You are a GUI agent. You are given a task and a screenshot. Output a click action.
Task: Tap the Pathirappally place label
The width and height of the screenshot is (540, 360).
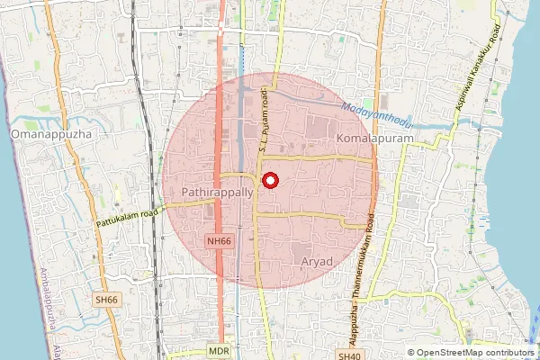coord(211,193)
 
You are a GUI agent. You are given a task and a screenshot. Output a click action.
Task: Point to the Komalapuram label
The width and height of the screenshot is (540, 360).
coord(372,139)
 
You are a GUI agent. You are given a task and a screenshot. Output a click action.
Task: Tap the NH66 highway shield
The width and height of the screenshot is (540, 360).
coord(219,240)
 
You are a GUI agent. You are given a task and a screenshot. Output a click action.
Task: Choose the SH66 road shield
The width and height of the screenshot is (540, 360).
coord(105,299)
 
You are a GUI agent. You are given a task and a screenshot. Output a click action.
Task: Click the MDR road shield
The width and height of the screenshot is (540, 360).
coord(217,349)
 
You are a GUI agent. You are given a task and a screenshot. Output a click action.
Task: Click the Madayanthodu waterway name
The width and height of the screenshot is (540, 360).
coord(381,112)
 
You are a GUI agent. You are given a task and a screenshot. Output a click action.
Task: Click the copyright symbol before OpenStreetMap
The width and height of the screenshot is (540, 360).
coord(411,353)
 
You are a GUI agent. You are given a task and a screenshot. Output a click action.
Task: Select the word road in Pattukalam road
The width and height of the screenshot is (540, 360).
coord(148,212)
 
